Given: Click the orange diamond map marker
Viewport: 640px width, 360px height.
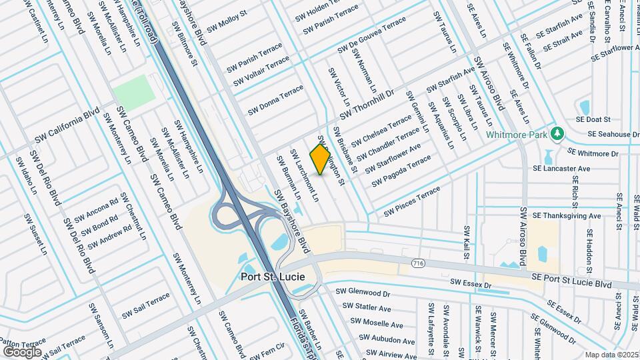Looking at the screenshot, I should pos(321,159).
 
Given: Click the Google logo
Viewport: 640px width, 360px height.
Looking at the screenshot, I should pos(22,351).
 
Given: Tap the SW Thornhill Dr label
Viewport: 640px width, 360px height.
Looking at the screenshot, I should pos(367,106).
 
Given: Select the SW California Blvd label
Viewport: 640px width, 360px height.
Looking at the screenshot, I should pos(67,125).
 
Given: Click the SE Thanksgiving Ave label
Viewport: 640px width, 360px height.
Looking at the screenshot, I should pos(562,216).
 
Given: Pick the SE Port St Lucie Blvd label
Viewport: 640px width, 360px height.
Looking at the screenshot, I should pos(571,280).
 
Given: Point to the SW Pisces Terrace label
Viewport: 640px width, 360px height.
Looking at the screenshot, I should pos(411,202).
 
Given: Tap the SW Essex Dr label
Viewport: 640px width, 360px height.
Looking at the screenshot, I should pos(475,285).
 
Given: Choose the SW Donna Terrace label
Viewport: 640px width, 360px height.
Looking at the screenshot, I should pos(275,100).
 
